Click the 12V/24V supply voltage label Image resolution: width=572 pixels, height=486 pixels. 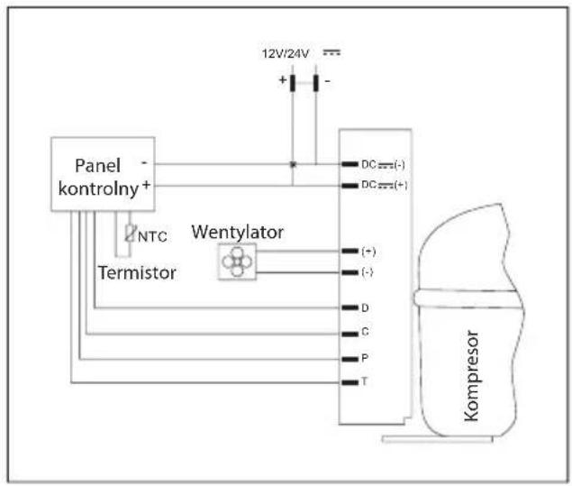286,54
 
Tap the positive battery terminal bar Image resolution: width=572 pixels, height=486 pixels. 292,83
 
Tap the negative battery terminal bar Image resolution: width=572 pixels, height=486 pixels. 315,83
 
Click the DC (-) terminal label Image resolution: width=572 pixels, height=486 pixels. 383,165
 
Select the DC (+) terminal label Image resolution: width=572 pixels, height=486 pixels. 384,185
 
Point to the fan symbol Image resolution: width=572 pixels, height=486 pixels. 237,261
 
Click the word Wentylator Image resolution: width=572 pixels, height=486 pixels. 238,233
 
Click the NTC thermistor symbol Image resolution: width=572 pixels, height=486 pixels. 129,233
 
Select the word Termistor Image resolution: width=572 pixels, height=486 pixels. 137,273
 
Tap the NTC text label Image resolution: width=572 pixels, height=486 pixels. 152,236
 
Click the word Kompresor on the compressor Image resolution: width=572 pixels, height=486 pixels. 471,376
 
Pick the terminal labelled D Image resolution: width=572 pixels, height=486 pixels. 350,307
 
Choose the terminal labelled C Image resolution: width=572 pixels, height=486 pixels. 350,334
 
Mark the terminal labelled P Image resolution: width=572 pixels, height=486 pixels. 350,359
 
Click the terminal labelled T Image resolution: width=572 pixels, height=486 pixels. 350,382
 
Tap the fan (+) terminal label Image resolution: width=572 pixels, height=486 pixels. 368,252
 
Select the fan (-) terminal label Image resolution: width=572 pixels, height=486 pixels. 368,272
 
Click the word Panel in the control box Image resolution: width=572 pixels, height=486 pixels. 97,166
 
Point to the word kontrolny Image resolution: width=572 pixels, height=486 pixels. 98,188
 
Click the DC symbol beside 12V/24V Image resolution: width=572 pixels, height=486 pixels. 331,52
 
